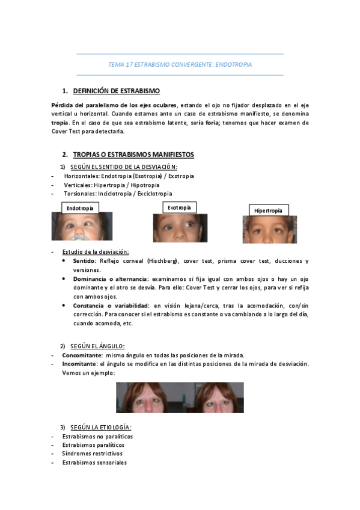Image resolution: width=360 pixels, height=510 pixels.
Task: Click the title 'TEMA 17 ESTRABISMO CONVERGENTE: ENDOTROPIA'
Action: tap(180, 64)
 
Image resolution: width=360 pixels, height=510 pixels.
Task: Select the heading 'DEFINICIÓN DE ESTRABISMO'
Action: tap(116, 91)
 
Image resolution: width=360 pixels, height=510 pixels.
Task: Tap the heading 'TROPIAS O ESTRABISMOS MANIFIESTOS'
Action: tap(133, 155)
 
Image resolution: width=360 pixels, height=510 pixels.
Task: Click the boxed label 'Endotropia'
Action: tap(80, 207)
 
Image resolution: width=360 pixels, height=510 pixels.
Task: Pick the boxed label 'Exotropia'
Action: tap(179, 207)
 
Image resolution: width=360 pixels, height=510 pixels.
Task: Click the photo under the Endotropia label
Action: tap(81, 226)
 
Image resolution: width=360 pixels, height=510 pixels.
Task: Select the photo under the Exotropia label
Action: tap(180, 228)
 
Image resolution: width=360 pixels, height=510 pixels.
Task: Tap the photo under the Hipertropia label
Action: tap(269, 230)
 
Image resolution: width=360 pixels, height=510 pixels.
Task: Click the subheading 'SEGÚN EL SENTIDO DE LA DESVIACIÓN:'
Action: tap(123, 167)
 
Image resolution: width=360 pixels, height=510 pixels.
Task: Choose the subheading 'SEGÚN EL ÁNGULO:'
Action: tap(97, 346)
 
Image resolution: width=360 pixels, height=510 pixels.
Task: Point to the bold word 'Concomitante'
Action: tap(82, 355)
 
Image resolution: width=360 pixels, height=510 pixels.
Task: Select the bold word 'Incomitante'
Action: tap(79, 364)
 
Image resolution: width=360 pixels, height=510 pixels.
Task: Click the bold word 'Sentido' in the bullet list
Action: tap(84, 261)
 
